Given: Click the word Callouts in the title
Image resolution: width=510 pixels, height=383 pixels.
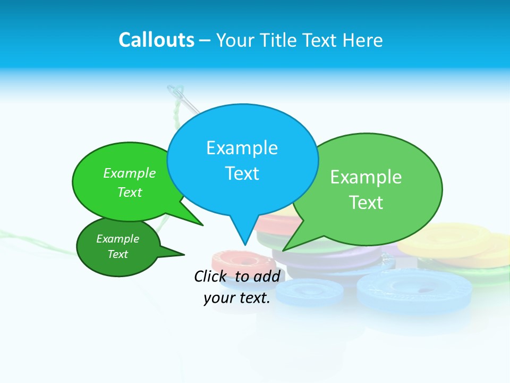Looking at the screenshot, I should [156, 40].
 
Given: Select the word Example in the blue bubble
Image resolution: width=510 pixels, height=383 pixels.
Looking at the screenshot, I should [242, 148].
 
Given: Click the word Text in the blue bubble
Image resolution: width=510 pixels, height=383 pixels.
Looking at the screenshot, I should [242, 173].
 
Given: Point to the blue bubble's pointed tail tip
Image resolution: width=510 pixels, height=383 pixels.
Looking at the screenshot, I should [244, 245].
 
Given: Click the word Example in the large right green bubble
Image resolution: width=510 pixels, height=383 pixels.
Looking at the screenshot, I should [366, 177].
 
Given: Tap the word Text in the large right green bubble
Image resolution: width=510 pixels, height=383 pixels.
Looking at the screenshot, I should [366, 203].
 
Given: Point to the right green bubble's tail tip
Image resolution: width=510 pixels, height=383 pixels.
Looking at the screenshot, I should [283, 251].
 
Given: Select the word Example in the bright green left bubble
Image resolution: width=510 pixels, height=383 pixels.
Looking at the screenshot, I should [130, 173].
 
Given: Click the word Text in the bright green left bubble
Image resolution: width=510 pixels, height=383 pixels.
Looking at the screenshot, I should [130, 193].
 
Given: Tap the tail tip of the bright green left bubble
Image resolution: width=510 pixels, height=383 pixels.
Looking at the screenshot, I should [202, 225].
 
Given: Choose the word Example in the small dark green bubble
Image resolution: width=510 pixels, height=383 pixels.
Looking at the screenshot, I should [117, 239].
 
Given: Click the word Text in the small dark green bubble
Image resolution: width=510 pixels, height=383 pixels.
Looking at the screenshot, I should [117, 254].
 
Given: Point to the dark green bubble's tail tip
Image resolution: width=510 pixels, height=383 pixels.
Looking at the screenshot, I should [184, 255].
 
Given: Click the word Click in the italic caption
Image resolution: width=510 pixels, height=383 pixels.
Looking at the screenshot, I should [211, 276].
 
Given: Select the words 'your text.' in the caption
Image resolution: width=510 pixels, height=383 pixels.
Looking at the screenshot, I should [237, 298].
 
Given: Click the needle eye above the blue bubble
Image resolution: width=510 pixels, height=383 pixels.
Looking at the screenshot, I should [176, 95].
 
